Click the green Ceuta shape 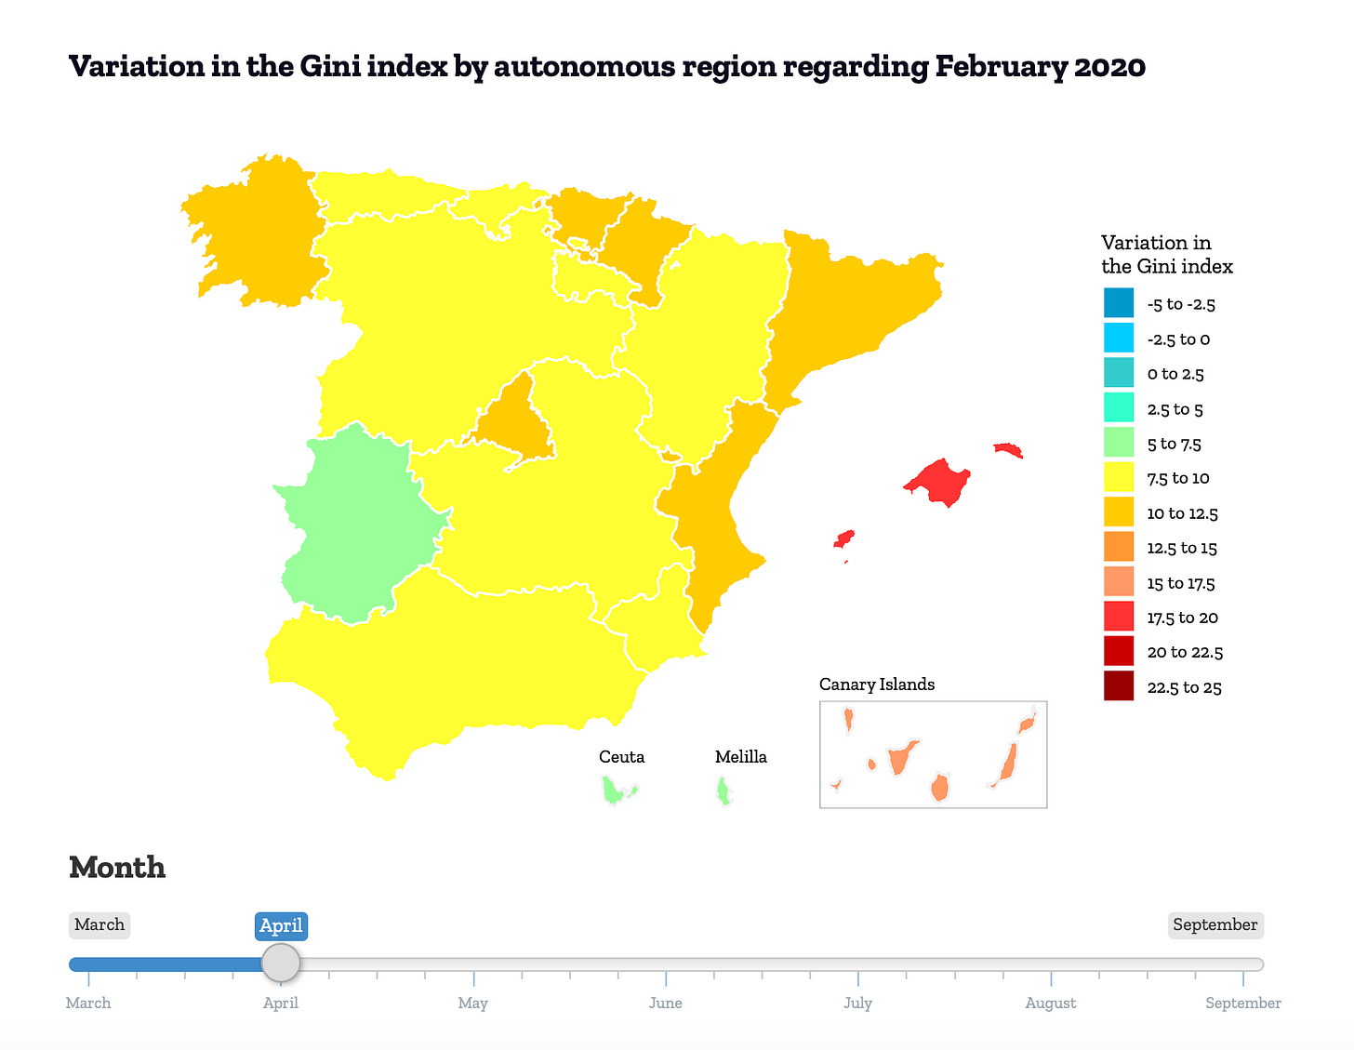click(x=616, y=791)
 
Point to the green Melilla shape click(x=723, y=791)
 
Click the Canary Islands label click(x=876, y=684)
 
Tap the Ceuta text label click(x=621, y=756)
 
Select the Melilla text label click(x=740, y=756)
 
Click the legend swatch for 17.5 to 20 click(x=1118, y=617)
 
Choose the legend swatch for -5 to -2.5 click(x=1118, y=303)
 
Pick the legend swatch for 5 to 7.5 click(x=1118, y=443)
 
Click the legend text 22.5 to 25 click(x=1184, y=687)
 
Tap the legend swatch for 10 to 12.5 click(x=1118, y=512)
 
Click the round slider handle click(x=281, y=963)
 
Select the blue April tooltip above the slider click(x=281, y=925)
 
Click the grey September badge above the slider click(x=1215, y=924)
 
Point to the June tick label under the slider click(x=665, y=1003)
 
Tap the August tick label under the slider click(x=1050, y=1003)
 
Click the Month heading click(x=117, y=867)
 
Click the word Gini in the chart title click(x=330, y=66)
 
